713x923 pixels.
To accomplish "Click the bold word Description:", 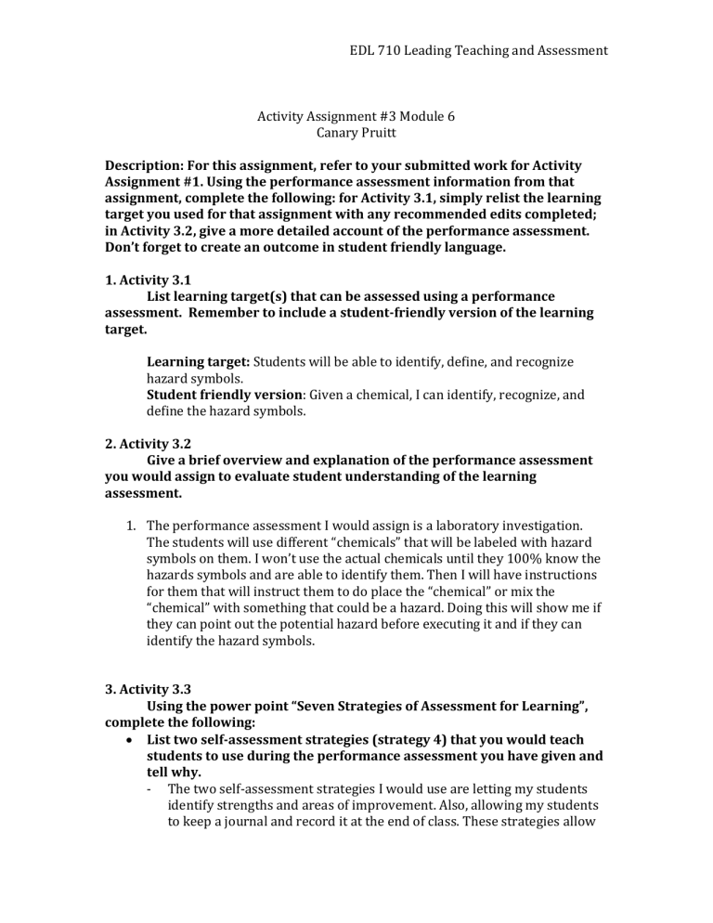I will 150,164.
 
